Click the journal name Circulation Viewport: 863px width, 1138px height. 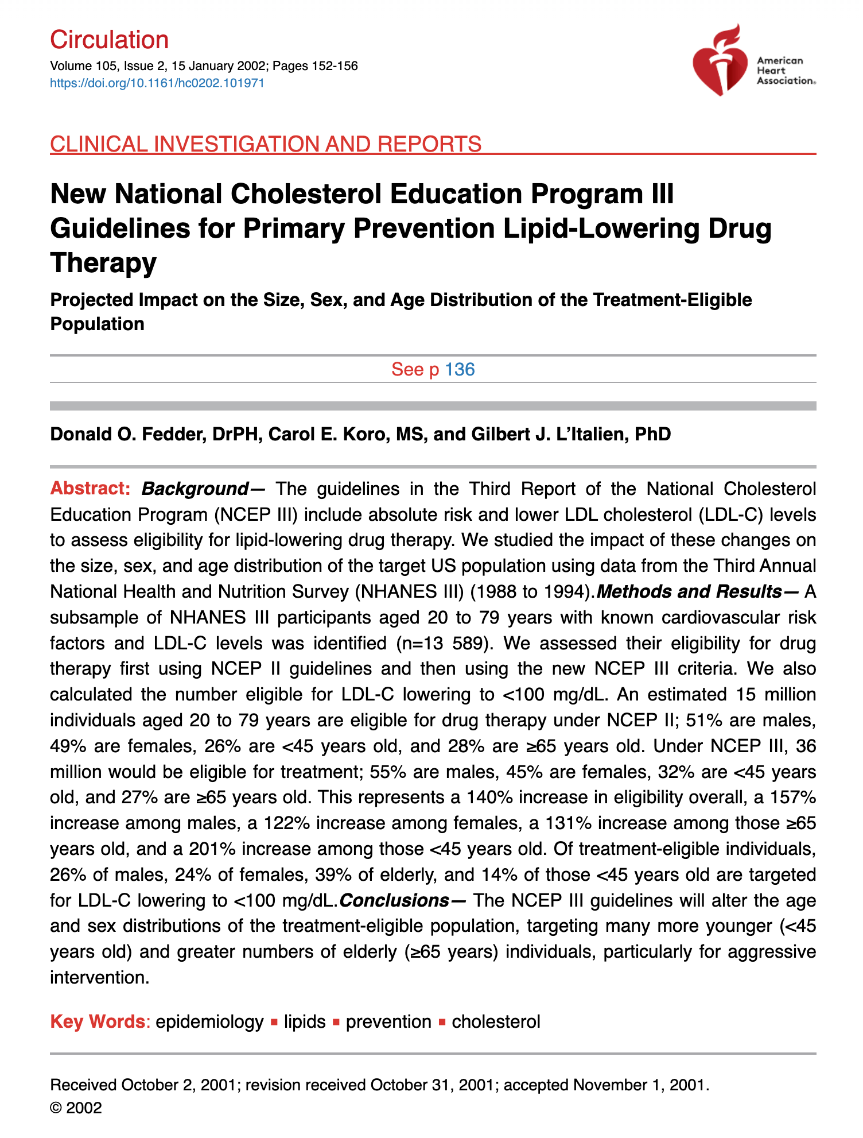pyautogui.click(x=109, y=40)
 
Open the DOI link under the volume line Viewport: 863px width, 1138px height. pyautogui.click(x=157, y=83)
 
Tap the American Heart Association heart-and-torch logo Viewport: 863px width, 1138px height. pyautogui.click(x=720, y=60)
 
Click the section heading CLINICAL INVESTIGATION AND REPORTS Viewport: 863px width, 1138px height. pyautogui.click(x=266, y=144)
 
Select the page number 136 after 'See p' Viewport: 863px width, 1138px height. pyautogui.click(x=460, y=369)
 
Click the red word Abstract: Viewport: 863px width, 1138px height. pyautogui.click(x=91, y=489)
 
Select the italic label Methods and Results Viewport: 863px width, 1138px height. pyautogui.click(x=689, y=591)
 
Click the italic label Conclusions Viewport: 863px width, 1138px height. pyautogui.click(x=394, y=900)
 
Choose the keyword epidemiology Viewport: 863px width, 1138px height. pyautogui.click(x=209, y=1022)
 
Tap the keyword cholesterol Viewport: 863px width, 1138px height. pyautogui.click(x=496, y=1022)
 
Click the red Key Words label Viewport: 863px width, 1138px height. pyautogui.click(x=98, y=1022)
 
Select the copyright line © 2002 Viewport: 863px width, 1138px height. pyautogui.click(x=76, y=1108)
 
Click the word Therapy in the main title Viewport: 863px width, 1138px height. pyautogui.click(x=103, y=263)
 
